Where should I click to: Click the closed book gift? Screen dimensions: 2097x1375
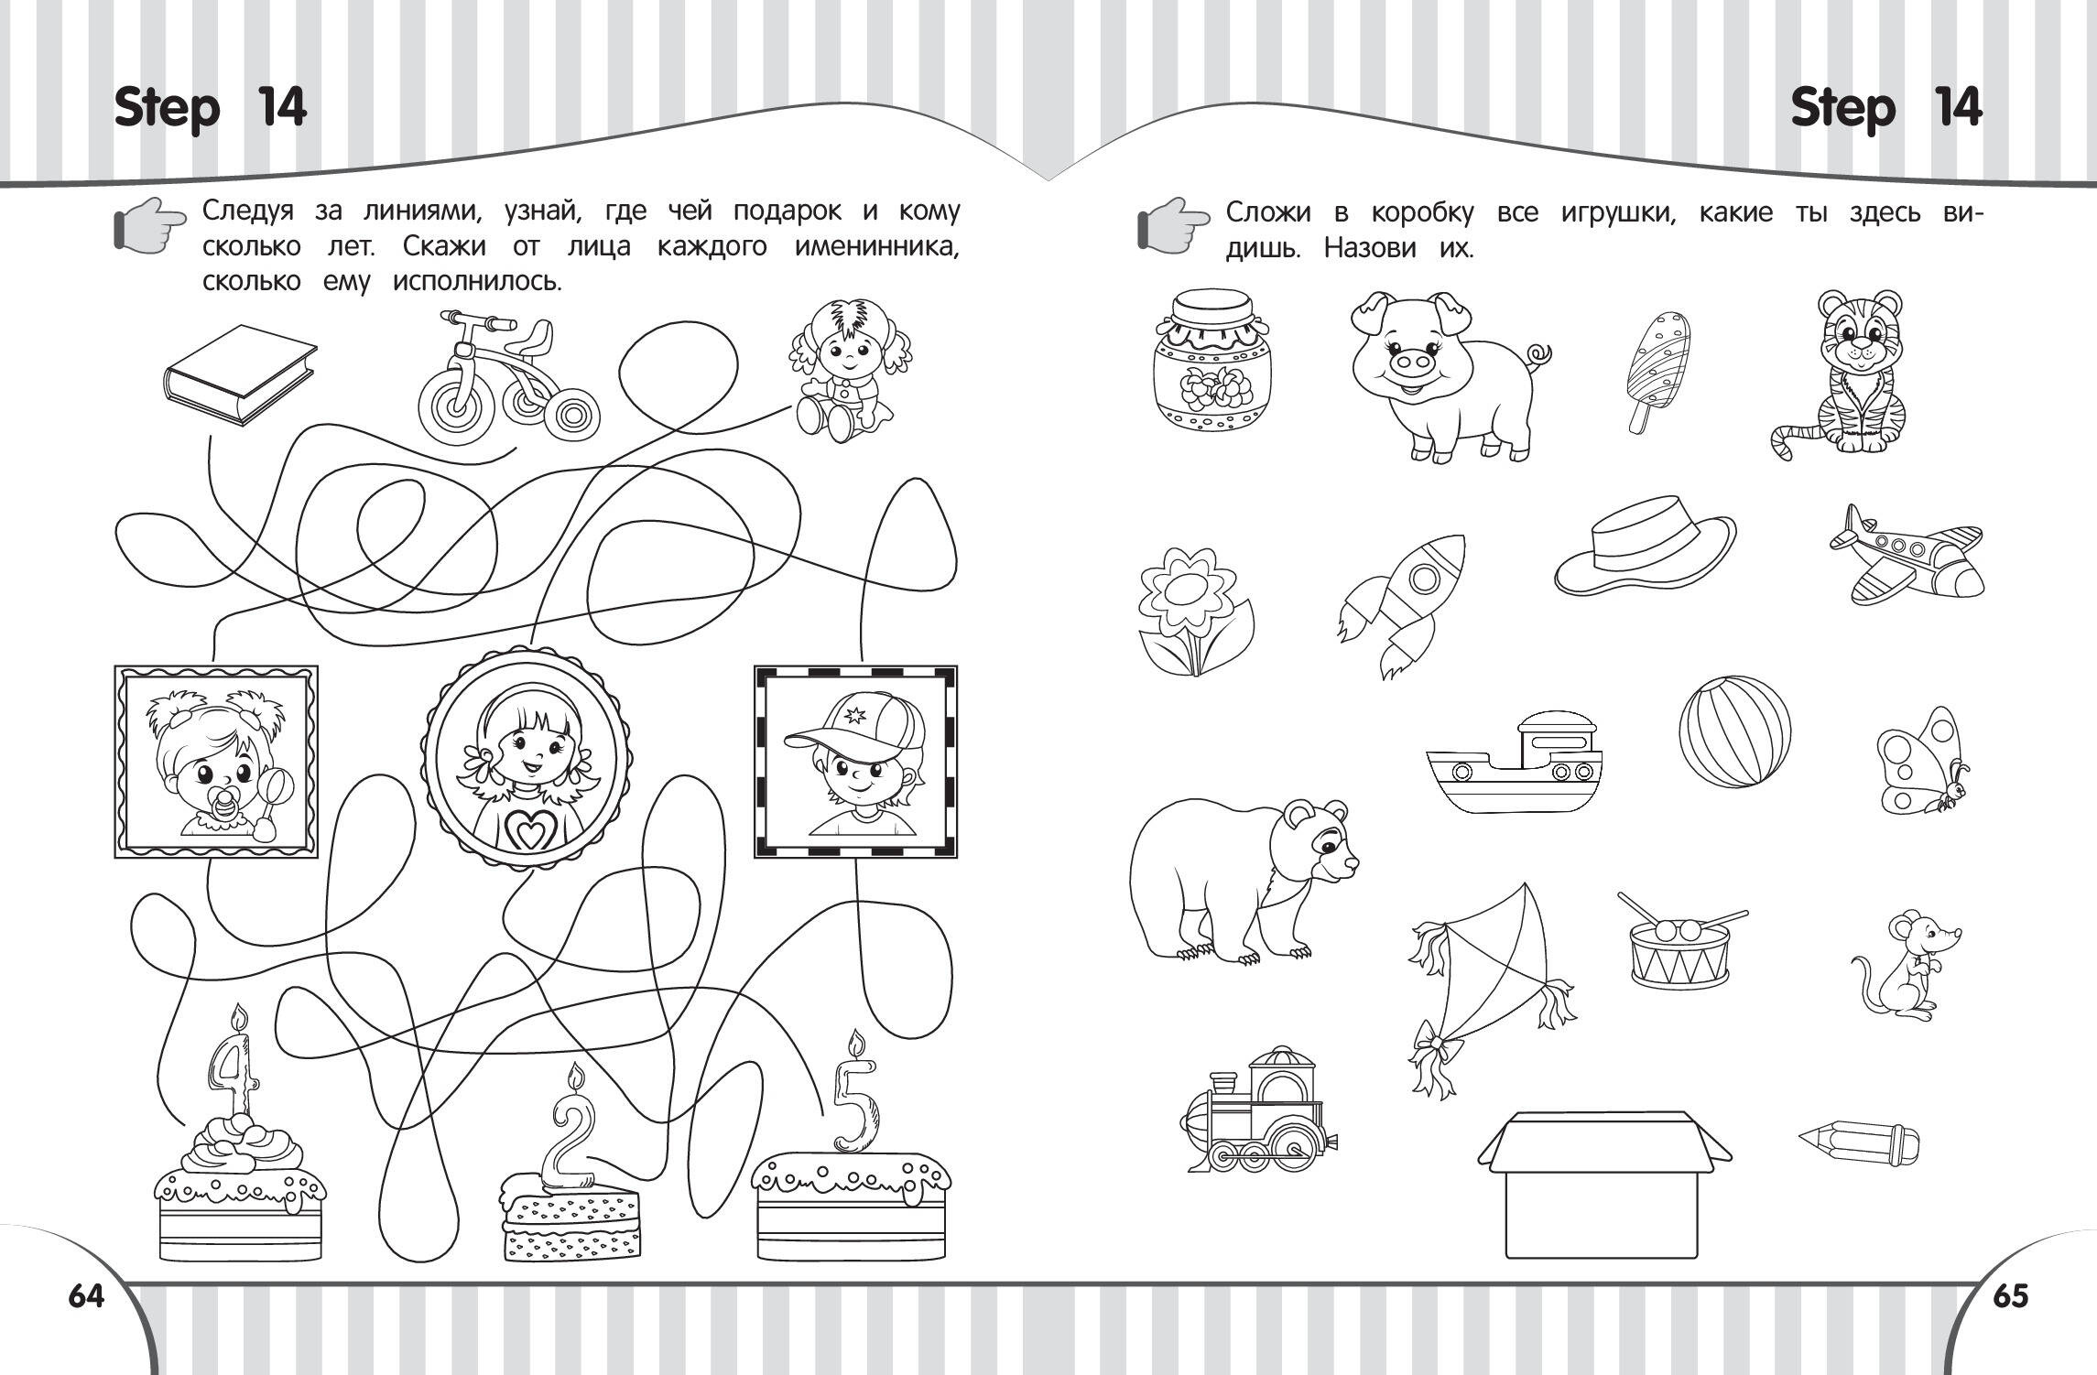point(240,375)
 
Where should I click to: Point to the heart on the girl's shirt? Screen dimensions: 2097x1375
point(524,830)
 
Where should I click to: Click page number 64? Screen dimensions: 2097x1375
point(87,1296)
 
